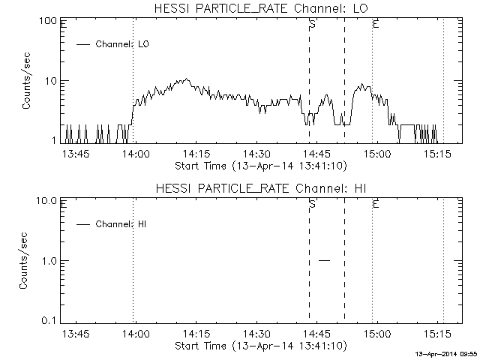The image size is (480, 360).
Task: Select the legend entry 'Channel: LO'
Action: [x=123, y=44]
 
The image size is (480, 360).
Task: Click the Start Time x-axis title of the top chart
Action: [x=259, y=164]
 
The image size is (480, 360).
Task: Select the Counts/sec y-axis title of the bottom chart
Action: [x=27, y=260]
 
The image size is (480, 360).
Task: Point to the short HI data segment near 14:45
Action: [x=324, y=260]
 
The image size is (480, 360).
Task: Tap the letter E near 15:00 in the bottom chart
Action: [x=375, y=204]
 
